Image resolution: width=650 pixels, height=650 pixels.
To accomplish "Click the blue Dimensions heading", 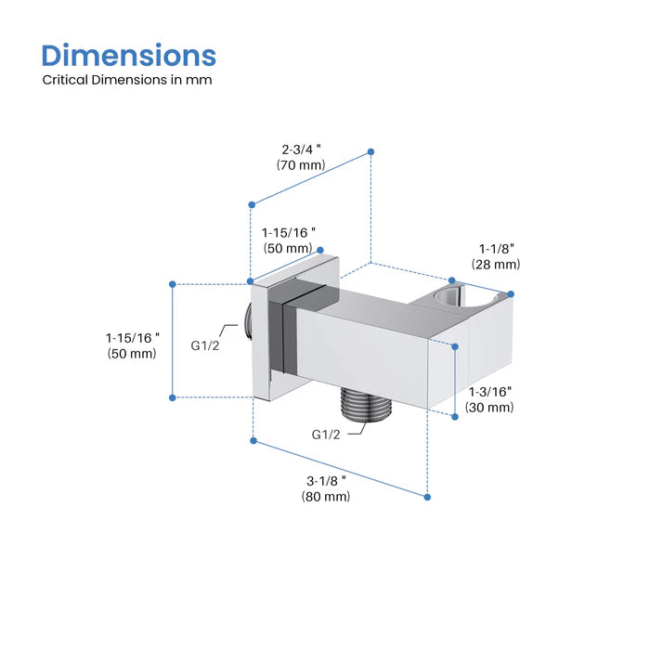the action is (x=129, y=56).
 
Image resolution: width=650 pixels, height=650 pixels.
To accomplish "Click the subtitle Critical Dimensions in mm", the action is (x=127, y=80).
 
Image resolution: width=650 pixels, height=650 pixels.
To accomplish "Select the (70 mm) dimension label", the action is (x=301, y=165).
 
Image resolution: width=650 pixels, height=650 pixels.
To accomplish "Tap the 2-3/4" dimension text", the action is (x=302, y=149).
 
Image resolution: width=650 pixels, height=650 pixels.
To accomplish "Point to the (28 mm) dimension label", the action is (x=496, y=264).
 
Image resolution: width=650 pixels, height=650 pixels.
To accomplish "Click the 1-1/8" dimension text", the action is (x=497, y=249).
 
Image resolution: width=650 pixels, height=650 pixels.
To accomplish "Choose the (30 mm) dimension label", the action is (x=489, y=407).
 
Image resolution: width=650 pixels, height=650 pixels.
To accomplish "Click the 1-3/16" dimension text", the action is (x=490, y=391).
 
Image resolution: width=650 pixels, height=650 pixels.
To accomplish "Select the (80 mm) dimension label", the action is (x=326, y=496).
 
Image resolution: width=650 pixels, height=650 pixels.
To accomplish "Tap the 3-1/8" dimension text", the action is (x=326, y=481).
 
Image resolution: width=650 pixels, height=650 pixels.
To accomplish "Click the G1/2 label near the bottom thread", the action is (x=326, y=435).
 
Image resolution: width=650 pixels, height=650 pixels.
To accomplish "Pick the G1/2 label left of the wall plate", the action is (x=205, y=345).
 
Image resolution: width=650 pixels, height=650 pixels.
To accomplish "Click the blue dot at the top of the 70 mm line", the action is (x=371, y=152).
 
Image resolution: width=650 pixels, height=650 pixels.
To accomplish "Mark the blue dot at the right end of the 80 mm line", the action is (x=427, y=497).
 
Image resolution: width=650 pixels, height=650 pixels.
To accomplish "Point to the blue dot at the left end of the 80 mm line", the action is (x=253, y=441).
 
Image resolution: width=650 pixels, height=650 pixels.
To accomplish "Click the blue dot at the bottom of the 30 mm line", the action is (x=455, y=417).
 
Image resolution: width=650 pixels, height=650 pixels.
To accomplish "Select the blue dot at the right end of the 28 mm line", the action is (x=511, y=294).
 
